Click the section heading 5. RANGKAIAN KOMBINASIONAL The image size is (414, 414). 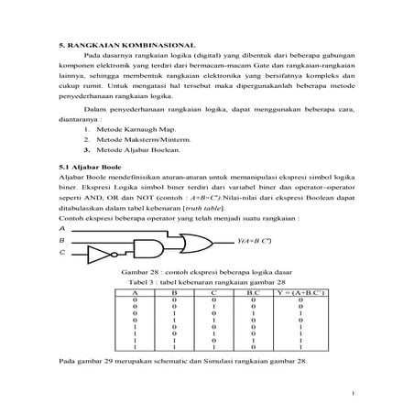pyautogui.click(x=117, y=45)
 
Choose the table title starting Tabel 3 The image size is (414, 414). pyautogui.click(x=204, y=283)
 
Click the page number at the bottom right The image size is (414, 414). pyautogui.click(x=352, y=395)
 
